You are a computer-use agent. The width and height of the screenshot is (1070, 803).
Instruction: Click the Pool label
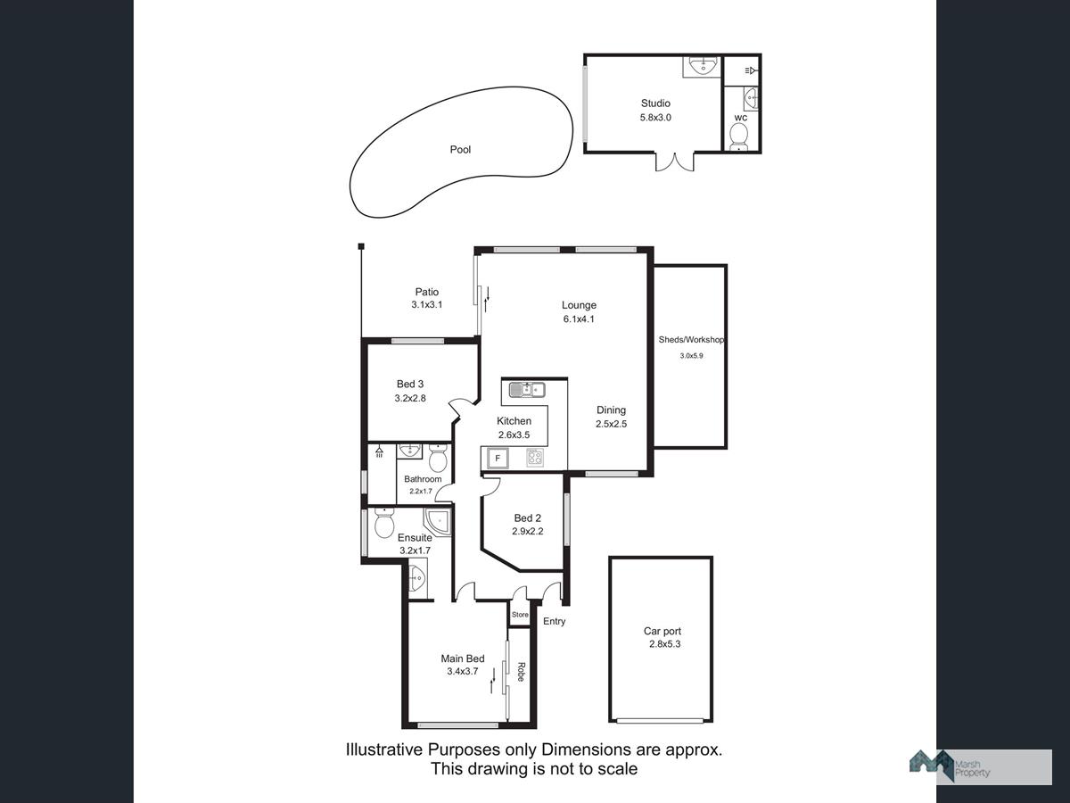460,150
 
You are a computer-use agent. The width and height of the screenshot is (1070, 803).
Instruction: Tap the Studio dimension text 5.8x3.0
655,118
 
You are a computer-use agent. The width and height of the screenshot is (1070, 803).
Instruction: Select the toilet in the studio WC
739,137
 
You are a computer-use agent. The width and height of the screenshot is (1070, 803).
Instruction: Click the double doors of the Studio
675,162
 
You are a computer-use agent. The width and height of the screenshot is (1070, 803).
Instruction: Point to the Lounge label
579,305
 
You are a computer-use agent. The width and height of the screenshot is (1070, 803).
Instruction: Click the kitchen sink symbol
527,390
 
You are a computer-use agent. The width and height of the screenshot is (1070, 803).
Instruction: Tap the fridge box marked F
498,459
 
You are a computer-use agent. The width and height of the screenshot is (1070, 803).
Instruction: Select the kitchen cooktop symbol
535,458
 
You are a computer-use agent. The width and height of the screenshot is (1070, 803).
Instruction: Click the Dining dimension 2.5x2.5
612,424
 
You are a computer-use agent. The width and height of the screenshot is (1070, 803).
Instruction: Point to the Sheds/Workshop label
691,340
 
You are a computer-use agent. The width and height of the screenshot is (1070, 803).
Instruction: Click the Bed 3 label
410,385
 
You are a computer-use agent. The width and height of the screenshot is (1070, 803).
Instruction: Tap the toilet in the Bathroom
438,459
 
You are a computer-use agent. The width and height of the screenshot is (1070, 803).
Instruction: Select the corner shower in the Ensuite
437,523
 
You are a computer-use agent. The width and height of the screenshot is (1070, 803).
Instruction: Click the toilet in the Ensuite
384,524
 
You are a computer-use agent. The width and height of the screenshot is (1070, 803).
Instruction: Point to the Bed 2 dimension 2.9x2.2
528,532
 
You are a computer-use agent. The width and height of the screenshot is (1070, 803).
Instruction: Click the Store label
520,615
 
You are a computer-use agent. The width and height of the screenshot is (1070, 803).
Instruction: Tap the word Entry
555,621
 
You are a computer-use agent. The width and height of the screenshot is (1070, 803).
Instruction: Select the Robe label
521,672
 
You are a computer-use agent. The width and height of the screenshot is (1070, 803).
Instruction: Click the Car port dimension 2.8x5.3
664,644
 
